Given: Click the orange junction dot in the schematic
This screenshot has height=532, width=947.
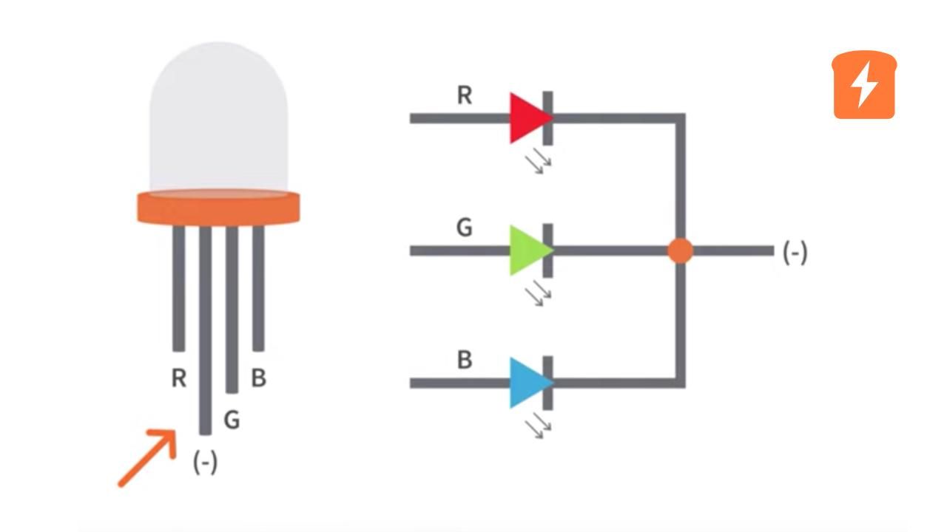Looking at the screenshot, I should click(x=680, y=250).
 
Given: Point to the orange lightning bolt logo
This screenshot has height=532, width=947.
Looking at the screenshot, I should click(x=864, y=85).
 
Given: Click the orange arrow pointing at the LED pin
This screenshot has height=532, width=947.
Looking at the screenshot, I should click(x=149, y=457).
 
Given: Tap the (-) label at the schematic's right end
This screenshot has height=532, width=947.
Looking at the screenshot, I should click(x=795, y=253).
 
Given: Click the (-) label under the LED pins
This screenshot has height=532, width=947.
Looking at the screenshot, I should click(x=205, y=463).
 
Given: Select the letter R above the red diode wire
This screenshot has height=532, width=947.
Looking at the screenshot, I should click(x=465, y=95).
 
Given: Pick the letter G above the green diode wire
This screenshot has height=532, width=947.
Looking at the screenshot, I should click(x=464, y=228).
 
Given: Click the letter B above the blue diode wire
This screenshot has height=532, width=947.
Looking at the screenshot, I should click(x=465, y=361).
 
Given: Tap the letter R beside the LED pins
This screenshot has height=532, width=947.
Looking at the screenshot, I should click(x=178, y=378).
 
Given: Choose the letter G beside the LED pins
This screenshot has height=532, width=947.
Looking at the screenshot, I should click(x=232, y=420).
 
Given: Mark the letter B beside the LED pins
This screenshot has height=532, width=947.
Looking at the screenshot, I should click(x=258, y=378).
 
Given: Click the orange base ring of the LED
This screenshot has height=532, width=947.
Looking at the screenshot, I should click(x=218, y=208).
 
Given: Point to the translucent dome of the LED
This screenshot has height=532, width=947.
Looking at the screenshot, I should click(x=218, y=118).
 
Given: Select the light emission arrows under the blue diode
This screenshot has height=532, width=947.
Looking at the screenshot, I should click(x=539, y=426).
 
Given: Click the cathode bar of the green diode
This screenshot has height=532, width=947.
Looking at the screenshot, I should click(x=547, y=250).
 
